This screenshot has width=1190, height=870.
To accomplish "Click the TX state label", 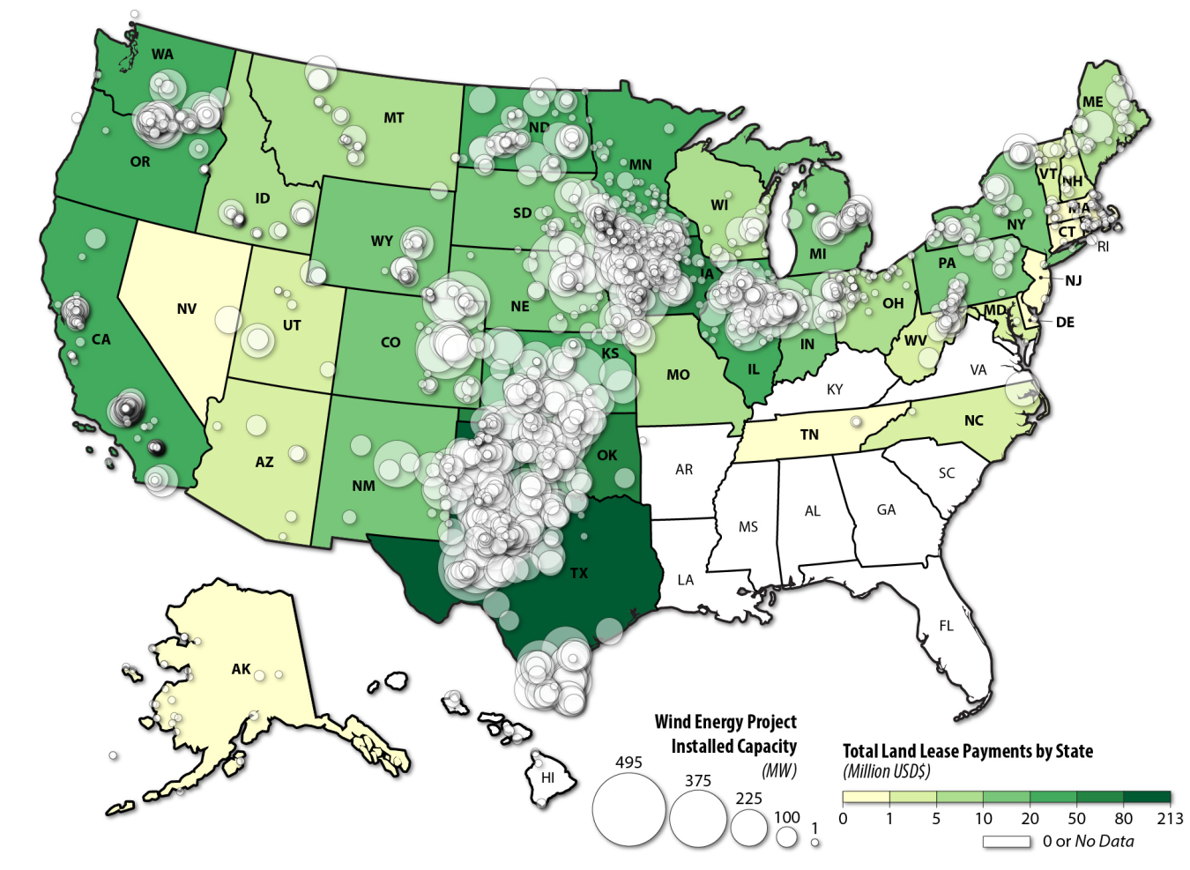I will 578,573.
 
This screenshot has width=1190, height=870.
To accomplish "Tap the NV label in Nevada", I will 186,309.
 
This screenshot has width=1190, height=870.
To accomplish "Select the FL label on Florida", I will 946,626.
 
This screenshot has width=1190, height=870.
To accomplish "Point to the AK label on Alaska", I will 241,669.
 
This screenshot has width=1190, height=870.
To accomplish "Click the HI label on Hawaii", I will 547,777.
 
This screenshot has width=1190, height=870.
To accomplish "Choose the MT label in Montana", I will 393,117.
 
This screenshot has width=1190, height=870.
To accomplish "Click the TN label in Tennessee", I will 809,435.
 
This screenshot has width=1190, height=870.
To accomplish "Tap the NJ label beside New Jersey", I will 1073,280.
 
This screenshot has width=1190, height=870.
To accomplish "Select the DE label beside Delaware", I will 1065,322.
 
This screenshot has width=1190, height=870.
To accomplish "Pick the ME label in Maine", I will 1092,101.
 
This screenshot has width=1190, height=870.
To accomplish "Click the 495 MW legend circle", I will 628,809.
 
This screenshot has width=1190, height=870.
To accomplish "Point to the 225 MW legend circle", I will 749,827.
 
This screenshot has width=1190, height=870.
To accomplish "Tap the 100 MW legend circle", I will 786,837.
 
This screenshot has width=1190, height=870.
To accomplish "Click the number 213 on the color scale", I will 1170,818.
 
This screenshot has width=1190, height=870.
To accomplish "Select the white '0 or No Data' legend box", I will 1007,842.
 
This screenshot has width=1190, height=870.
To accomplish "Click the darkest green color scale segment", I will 1147,798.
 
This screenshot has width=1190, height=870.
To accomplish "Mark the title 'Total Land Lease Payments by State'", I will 967,751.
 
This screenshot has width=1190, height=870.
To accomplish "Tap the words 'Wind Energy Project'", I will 725,722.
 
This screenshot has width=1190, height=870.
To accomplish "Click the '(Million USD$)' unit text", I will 886,771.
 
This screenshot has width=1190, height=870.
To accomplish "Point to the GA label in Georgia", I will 886,509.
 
